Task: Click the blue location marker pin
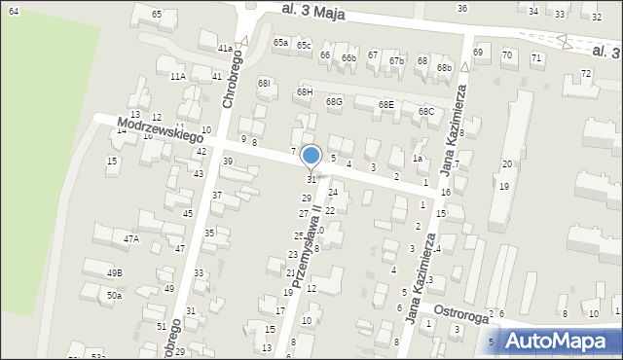coord(311,156)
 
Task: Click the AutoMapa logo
coord(559,341)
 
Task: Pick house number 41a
coord(225,48)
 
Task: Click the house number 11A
coord(177,76)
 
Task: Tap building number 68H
coord(305,91)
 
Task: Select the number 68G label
coord(334,101)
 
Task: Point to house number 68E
coord(386,104)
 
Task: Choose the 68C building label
coord(426,111)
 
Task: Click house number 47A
coord(130,237)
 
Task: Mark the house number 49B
coord(115,272)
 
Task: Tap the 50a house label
coord(115,295)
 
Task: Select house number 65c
coord(304,45)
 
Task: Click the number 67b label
coord(396,61)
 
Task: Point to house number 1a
coord(417,158)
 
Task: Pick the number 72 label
coord(586,73)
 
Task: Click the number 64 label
coord(13,9)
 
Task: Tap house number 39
coord(228,161)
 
